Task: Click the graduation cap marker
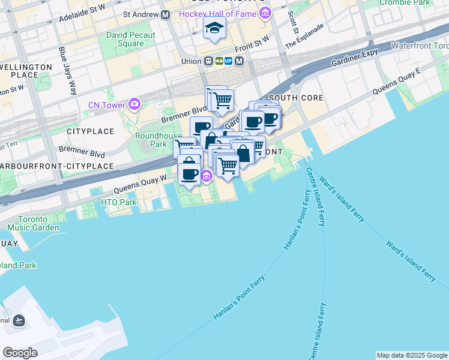214,28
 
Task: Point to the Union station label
192,61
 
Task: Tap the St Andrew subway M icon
163,13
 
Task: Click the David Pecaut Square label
131,39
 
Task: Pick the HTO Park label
119,202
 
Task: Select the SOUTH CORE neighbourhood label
296,98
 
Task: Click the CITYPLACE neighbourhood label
90,131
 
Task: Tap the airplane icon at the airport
19,320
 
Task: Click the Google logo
20,353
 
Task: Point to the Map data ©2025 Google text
412,355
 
